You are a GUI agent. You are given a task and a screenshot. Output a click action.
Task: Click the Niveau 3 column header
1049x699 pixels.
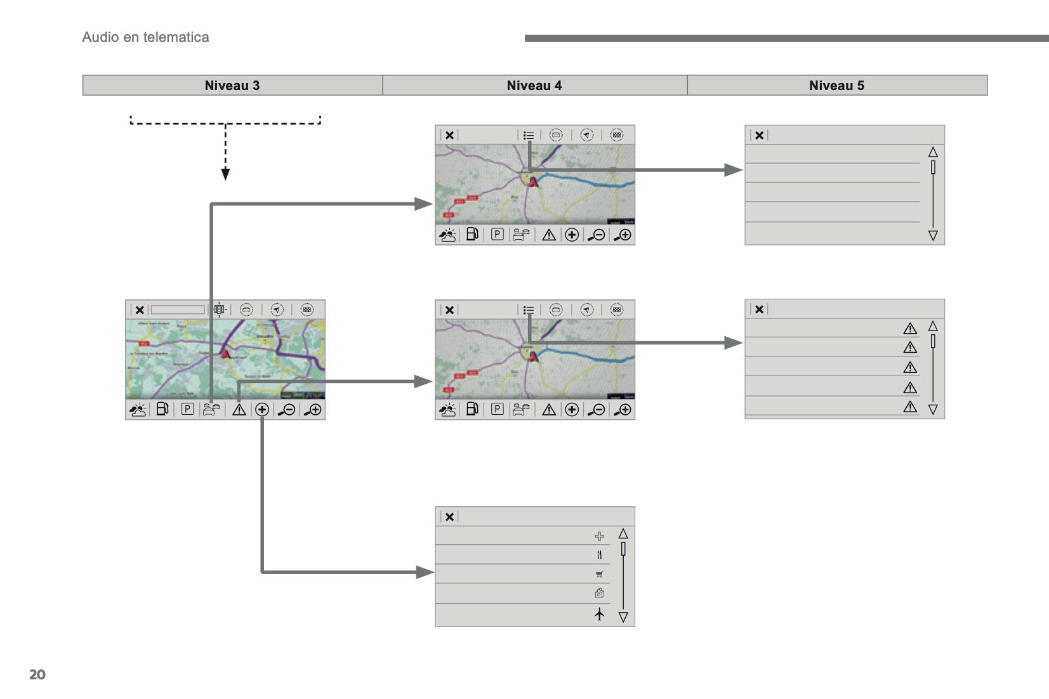232,86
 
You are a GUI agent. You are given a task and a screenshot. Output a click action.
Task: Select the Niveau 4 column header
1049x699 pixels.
534,86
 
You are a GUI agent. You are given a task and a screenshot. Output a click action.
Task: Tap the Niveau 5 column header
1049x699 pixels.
836,86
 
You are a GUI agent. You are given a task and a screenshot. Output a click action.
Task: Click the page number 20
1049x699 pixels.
37,674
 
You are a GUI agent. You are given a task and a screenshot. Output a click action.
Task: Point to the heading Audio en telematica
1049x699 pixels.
145,37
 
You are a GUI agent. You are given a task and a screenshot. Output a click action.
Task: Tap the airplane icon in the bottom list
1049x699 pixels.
600,614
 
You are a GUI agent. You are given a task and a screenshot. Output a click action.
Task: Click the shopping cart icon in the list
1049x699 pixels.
600,575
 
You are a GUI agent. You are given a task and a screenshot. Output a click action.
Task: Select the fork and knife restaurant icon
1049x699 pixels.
600,555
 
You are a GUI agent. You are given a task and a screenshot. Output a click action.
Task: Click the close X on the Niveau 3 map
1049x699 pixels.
140,310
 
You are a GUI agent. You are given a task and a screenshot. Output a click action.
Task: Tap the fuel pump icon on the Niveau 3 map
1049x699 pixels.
162,410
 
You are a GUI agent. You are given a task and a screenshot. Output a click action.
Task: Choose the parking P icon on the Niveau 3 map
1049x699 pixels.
187,410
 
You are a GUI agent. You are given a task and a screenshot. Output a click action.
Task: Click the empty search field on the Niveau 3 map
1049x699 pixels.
178,310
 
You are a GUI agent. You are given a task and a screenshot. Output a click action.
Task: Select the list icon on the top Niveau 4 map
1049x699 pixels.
529,135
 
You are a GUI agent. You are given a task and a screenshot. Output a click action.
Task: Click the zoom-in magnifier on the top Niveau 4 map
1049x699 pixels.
624,235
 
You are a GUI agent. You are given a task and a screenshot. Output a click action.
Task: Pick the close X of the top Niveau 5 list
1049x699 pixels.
759,135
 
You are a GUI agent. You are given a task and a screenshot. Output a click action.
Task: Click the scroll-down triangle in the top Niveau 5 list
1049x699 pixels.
933,236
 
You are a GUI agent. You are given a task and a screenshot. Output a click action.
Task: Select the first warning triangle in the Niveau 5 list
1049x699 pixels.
910,329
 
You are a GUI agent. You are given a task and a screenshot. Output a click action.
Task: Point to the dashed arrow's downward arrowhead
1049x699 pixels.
225,174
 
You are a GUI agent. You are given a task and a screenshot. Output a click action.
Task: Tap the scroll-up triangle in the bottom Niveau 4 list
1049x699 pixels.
623,534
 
